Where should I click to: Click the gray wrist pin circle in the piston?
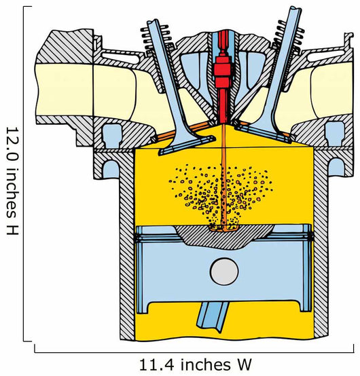point(224,271)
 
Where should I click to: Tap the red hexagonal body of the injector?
point(223,69)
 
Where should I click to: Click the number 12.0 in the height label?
point(12,142)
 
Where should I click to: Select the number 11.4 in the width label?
point(157,365)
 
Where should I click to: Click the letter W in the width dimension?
point(242,365)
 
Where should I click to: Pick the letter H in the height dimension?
point(12,229)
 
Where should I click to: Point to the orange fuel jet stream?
point(223,177)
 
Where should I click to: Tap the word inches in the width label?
point(204,365)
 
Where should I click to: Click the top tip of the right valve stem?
point(295,9)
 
